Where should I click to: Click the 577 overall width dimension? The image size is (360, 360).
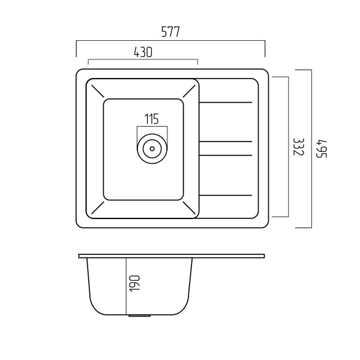pos(170,32)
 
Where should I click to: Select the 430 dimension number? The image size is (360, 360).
pos(143,52)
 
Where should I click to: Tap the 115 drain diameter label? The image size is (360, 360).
pos(152,119)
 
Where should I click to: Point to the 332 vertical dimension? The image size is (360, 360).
pos(299,147)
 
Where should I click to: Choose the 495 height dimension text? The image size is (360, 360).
pos(322,149)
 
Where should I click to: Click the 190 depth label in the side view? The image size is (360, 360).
pos(134,284)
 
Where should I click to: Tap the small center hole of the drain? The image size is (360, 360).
pos(152,149)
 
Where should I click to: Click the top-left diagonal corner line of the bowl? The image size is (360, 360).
pos(98,91)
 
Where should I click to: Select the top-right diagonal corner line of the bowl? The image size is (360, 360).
pos(189,91)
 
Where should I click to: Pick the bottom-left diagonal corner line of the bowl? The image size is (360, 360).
pos(98,208)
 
